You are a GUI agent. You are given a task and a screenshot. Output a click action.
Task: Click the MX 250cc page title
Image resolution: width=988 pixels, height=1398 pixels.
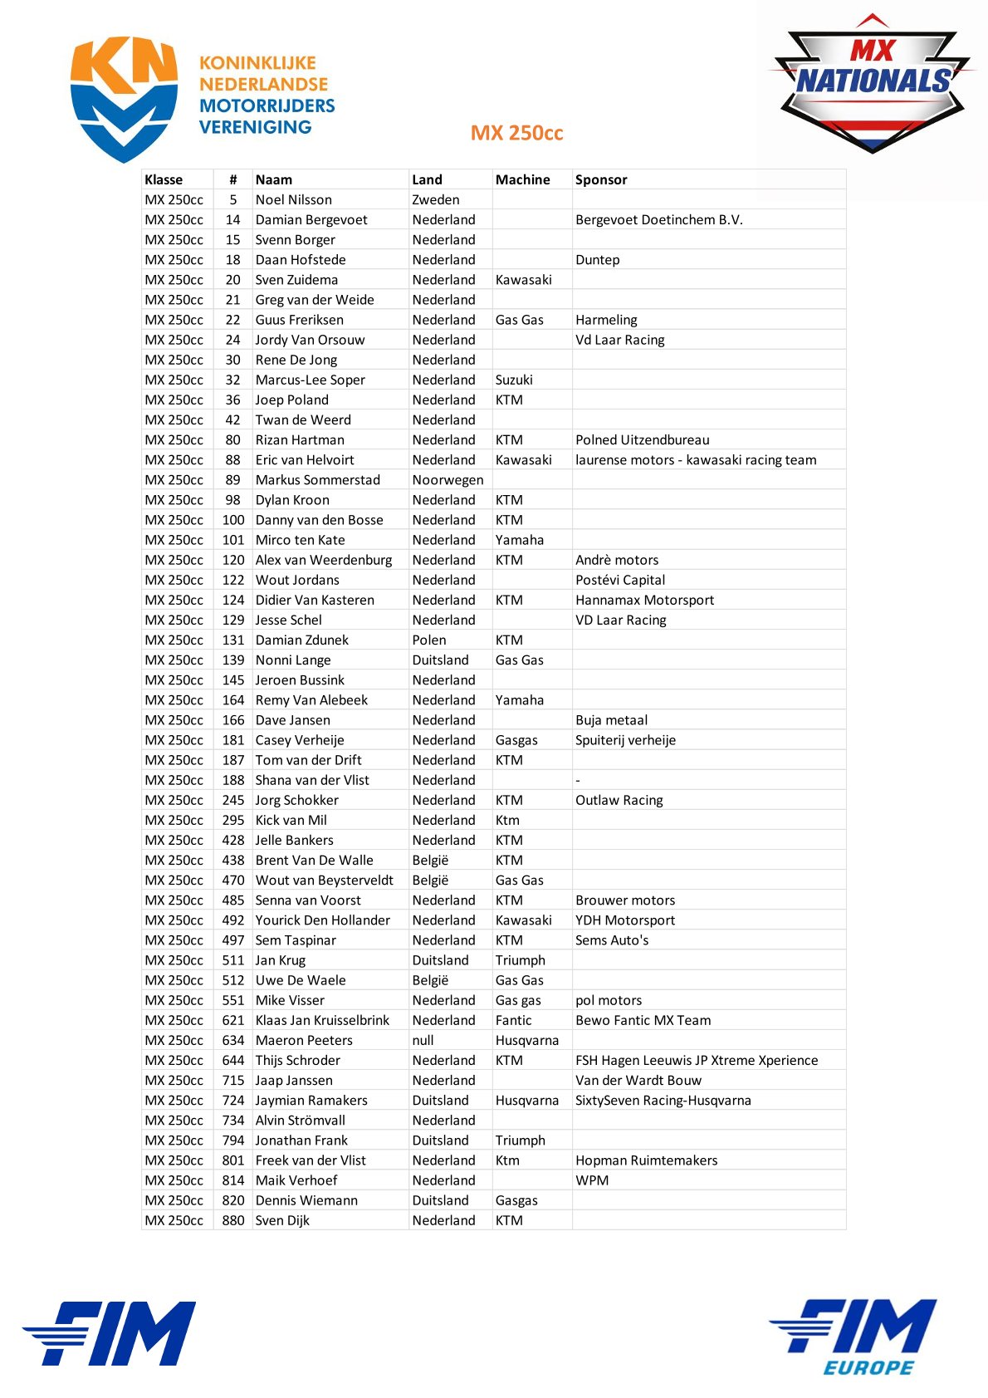[516, 133]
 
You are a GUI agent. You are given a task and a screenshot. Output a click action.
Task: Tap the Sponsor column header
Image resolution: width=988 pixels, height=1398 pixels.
[601, 179]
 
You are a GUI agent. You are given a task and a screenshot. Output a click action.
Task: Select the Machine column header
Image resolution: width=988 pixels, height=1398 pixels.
[522, 179]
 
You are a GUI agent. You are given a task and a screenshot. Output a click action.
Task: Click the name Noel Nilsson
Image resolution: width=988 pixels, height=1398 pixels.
[293, 199]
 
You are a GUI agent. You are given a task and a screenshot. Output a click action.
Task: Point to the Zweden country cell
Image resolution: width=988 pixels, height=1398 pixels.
[435, 199]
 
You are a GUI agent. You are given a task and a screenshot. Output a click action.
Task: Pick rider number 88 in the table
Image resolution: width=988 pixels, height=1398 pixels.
[232, 459]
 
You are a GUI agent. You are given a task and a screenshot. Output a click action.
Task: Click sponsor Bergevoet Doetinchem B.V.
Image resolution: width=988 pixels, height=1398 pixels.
[658, 219]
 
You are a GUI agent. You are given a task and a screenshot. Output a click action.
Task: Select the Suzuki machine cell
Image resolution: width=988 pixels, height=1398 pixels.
[514, 380]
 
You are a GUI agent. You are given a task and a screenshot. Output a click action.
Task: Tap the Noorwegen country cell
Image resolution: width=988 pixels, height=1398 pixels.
[448, 479]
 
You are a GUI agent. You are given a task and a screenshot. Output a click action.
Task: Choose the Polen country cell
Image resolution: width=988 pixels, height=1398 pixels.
[429, 640]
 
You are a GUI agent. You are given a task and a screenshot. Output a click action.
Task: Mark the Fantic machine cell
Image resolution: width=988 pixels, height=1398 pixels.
[513, 1020]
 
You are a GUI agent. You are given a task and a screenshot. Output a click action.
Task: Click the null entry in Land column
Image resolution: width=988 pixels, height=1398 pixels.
[423, 1040]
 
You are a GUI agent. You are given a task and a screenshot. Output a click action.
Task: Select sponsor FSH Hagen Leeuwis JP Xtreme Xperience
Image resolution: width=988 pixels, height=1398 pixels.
[696, 1060]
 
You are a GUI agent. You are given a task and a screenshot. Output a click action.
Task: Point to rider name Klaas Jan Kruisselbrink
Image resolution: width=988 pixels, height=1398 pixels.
[321, 1020]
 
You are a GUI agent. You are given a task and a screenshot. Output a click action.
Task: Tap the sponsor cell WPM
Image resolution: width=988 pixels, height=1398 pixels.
[591, 1180]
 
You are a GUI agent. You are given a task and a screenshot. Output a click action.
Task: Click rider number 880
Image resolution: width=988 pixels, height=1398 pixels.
[232, 1220]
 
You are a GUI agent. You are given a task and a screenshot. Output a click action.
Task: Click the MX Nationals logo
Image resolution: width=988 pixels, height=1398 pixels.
[871, 83]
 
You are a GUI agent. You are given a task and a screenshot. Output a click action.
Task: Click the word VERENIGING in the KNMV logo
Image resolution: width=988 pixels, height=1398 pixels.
[255, 127]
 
